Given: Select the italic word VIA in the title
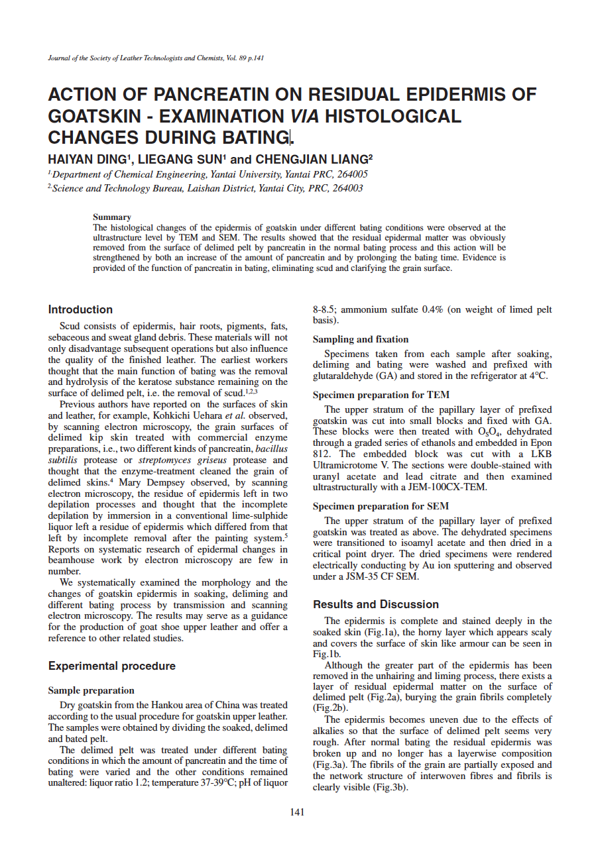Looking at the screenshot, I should point(304,117).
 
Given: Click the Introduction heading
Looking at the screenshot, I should point(80,309).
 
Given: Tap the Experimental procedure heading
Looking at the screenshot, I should point(111,666).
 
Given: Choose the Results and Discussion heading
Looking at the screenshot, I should point(375,604).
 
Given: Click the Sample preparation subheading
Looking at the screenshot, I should point(91,690).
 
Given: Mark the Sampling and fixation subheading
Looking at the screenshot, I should point(360,339).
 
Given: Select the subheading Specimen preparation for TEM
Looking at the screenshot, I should point(381,396).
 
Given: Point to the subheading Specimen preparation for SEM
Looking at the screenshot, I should point(381,507).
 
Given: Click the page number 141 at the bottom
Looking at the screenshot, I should point(298,812).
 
